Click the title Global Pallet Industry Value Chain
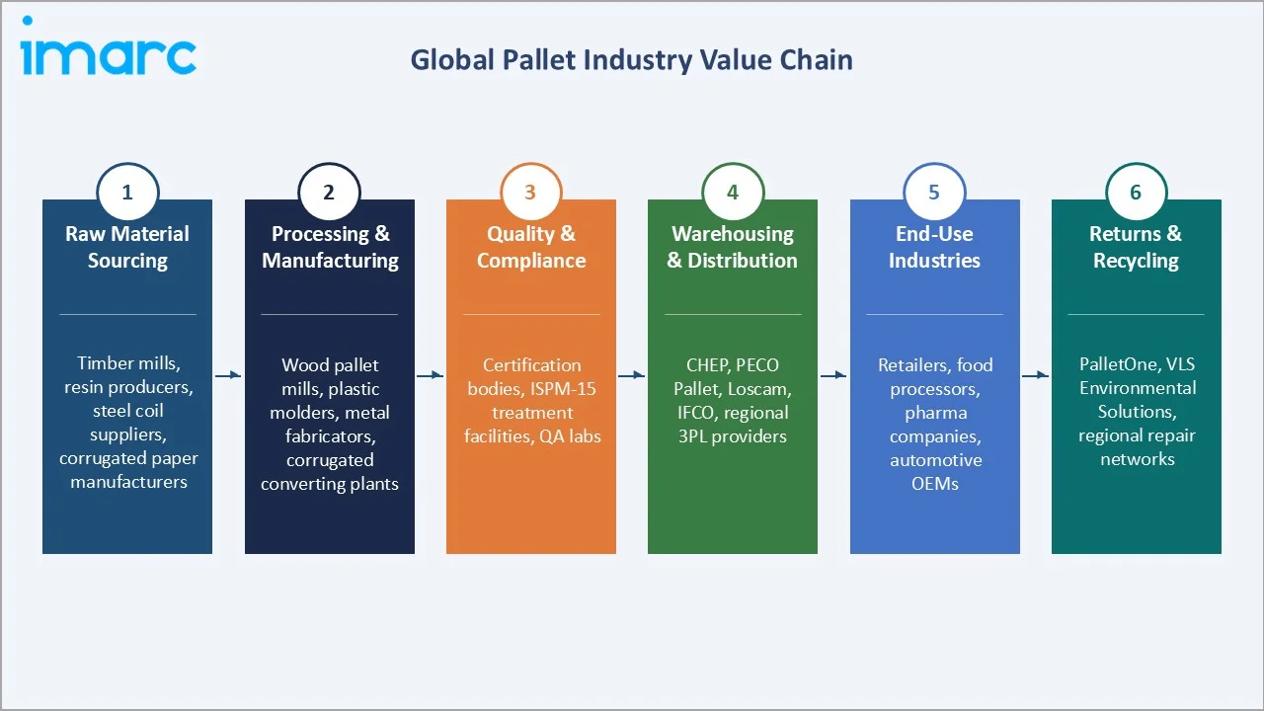tap(631, 60)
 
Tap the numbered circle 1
tap(127, 193)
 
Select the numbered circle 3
tap(530, 193)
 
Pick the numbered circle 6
tap(1136, 193)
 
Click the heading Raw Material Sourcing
tap(127, 247)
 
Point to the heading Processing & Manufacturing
tap(330, 247)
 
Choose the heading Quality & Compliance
tap(531, 247)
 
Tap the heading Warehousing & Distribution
tap(733, 247)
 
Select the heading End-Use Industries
tap(934, 247)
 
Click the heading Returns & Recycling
tap(1136, 247)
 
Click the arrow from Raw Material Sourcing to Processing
tap(228, 375)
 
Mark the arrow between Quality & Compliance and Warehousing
tap(632, 375)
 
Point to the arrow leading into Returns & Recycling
tap(1035, 375)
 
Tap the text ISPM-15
tap(563, 388)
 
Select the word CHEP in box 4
tap(707, 364)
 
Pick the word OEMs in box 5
tap(935, 484)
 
